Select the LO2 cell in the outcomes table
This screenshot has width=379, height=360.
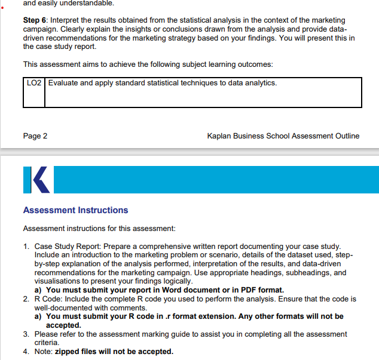point(33,83)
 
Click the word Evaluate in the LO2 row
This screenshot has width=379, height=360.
point(63,83)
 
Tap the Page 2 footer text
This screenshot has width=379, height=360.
point(35,136)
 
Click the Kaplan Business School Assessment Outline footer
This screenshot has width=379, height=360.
point(283,136)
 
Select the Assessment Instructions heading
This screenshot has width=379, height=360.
point(75,210)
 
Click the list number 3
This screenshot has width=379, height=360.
point(26,334)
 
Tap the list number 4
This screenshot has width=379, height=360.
point(26,352)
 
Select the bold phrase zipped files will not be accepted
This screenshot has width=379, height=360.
point(114,352)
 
